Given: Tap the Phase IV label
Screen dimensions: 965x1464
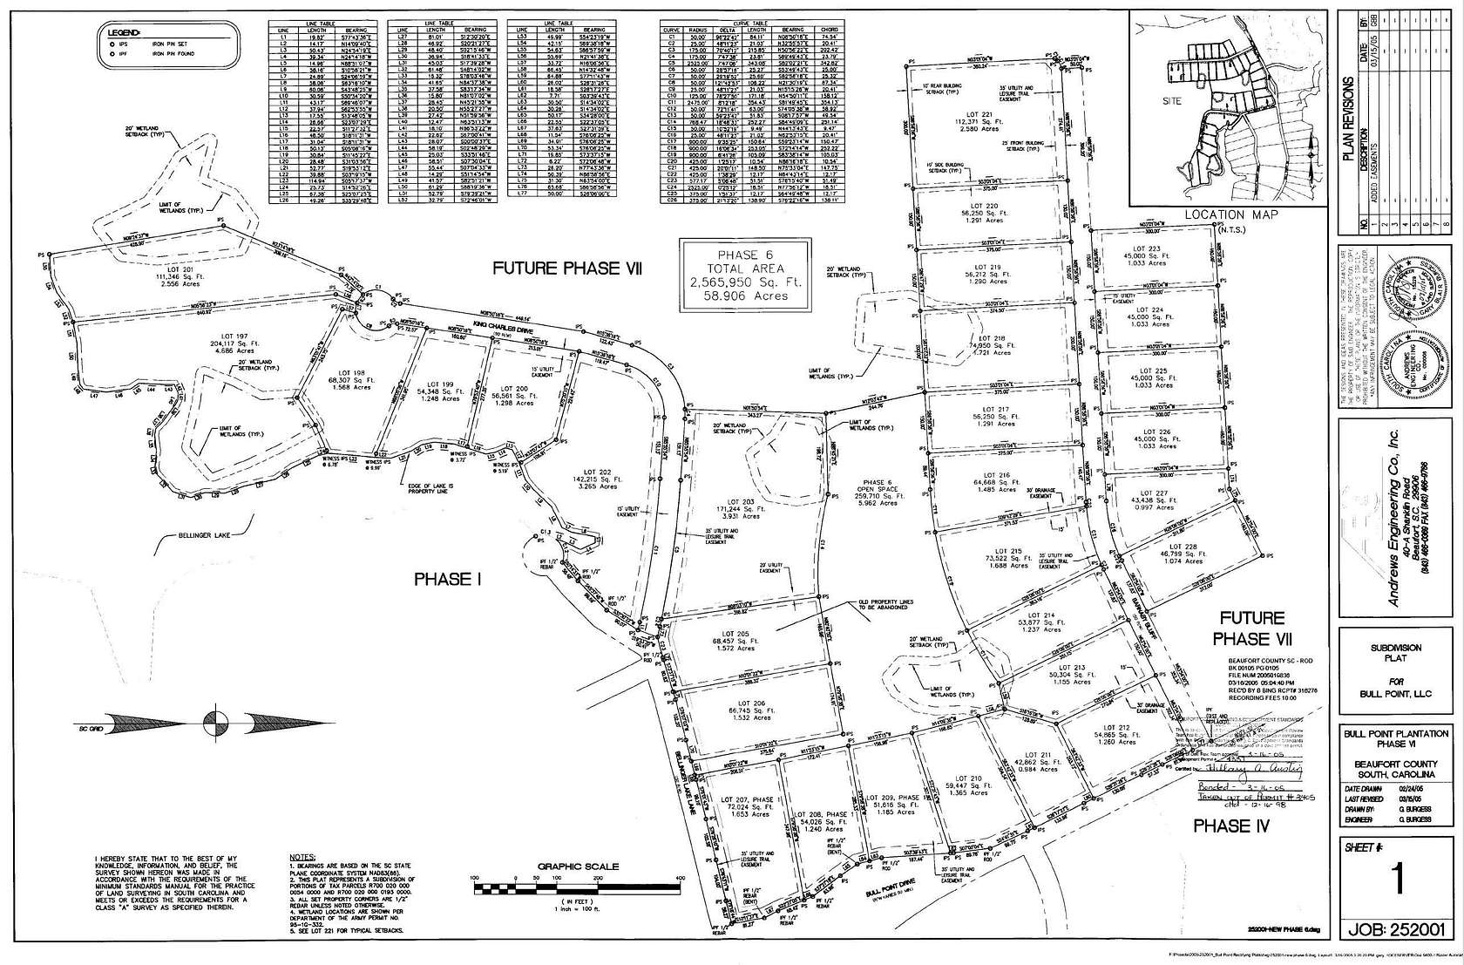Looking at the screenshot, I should (x=1231, y=825).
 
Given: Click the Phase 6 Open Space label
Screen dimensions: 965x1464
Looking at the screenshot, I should (x=880, y=487).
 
